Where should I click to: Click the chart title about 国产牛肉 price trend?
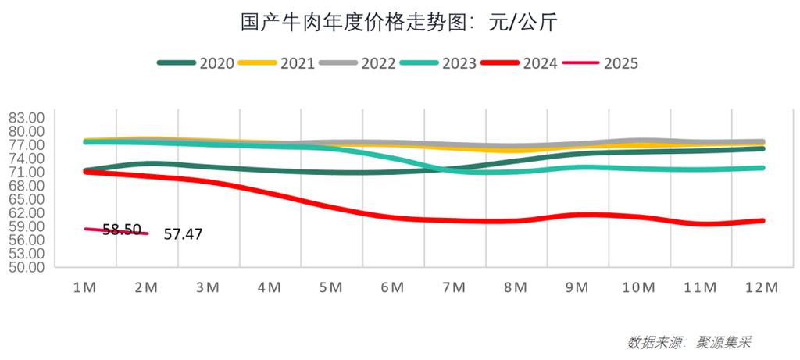[399, 23]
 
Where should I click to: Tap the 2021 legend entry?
[277, 63]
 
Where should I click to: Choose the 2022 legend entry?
[359, 63]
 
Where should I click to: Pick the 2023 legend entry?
[439, 63]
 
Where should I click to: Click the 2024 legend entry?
[520, 63]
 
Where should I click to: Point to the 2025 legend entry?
[602, 63]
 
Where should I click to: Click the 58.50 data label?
[122, 230]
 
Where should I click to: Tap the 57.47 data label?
[183, 233]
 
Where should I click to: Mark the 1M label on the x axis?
[84, 287]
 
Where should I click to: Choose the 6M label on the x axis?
[392, 287]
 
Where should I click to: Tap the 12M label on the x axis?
[762, 287]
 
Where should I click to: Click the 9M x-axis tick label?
[577, 287]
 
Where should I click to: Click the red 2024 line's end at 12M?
[762, 220]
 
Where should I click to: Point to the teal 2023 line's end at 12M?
[762, 168]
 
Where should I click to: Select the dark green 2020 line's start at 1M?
[84, 169]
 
